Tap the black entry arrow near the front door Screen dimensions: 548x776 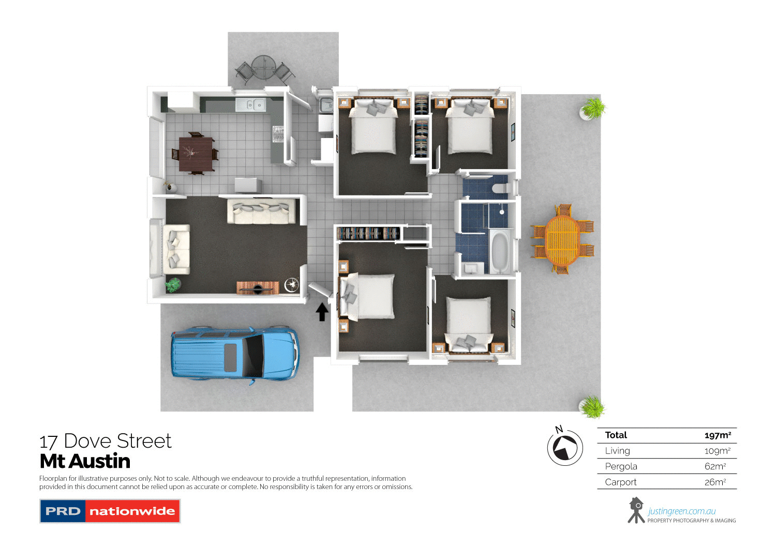(322, 312)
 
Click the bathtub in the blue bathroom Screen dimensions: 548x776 (500, 252)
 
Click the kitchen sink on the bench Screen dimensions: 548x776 (250, 105)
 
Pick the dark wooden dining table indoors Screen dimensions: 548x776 (196, 154)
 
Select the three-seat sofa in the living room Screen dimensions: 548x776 (261, 212)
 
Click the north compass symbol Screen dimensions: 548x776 (565, 447)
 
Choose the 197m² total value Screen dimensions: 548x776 (718, 435)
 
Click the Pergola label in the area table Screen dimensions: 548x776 (621, 466)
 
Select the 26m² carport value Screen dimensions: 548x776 (715, 482)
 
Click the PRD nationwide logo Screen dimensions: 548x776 (110, 511)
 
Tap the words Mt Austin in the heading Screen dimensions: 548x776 (85, 461)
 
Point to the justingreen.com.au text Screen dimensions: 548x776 (682, 511)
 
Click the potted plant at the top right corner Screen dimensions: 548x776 (593, 108)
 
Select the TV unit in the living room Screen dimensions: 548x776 (258, 287)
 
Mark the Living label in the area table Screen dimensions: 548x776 (617, 451)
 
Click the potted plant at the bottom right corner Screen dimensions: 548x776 (592, 407)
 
